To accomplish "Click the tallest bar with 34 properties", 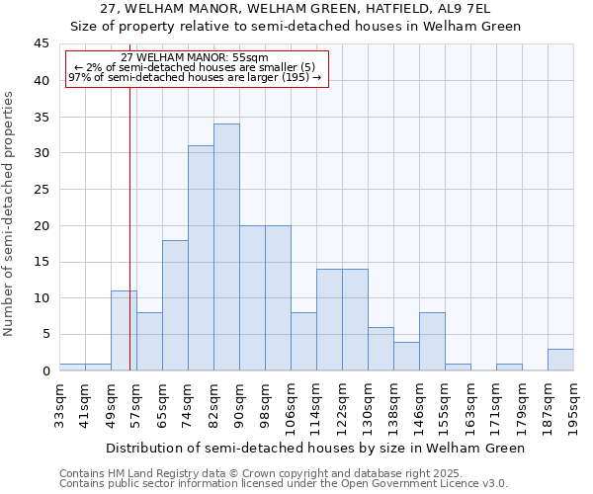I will [226, 247].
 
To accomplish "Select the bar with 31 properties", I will [201, 258].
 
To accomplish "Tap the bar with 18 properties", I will [175, 305].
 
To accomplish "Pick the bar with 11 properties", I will [124, 331].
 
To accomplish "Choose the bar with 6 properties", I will [381, 349].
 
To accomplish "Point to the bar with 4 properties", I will [406, 356].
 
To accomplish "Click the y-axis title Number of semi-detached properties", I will [10, 213].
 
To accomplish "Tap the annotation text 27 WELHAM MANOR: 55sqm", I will [195, 58].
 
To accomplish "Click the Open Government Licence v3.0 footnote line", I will [283, 484].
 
